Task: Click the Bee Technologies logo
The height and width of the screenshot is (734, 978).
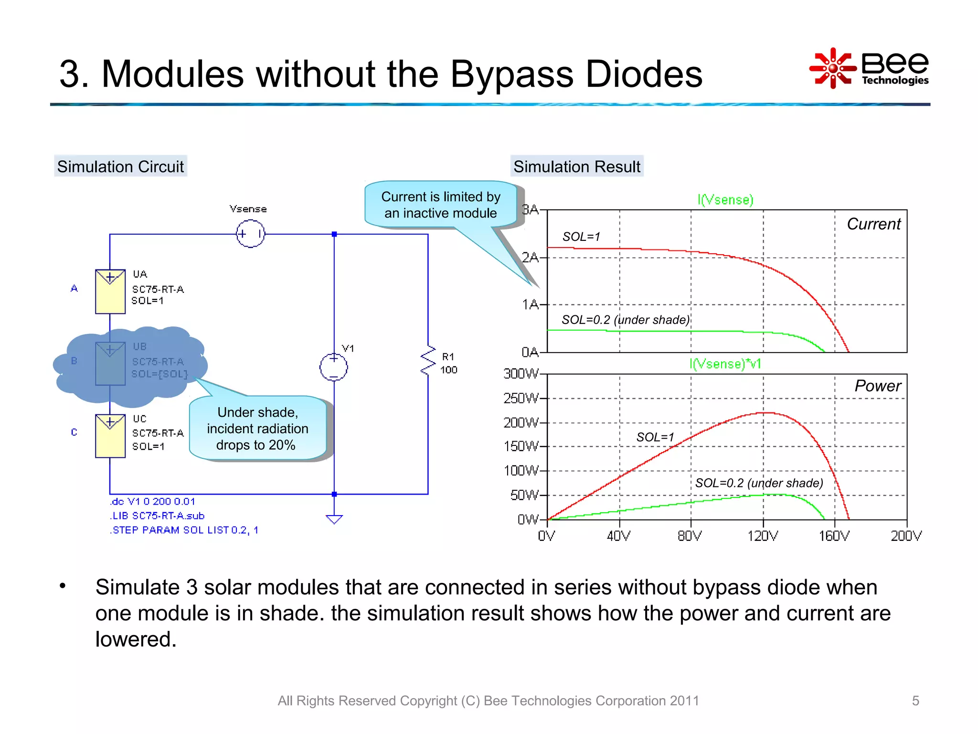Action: click(x=869, y=68)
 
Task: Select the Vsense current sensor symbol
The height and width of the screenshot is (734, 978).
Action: click(x=250, y=234)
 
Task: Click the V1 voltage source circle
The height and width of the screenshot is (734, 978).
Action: click(x=334, y=367)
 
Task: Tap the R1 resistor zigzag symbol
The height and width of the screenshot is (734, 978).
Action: click(x=428, y=361)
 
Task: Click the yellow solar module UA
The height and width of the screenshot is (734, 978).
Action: click(x=110, y=291)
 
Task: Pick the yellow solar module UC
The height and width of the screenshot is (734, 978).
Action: click(x=110, y=436)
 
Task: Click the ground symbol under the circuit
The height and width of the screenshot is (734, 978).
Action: click(x=334, y=519)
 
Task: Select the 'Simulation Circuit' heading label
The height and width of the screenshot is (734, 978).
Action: click(x=120, y=166)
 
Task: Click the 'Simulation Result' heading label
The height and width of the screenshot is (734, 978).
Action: click(x=577, y=166)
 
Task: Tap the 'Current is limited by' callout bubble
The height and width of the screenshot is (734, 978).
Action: click(x=440, y=205)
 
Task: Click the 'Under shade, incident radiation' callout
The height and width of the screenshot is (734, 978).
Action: click(x=257, y=428)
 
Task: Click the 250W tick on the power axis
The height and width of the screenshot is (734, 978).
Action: click(x=521, y=398)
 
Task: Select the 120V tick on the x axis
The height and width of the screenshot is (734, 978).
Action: click(x=763, y=536)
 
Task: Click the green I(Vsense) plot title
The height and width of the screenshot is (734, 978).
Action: click(x=725, y=199)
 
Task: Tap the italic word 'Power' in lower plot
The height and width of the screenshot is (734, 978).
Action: click(x=877, y=386)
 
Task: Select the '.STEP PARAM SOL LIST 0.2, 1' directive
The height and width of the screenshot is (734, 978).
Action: click(x=184, y=530)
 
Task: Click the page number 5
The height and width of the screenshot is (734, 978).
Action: click(x=915, y=701)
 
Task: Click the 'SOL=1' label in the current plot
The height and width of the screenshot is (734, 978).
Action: click(x=581, y=237)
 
